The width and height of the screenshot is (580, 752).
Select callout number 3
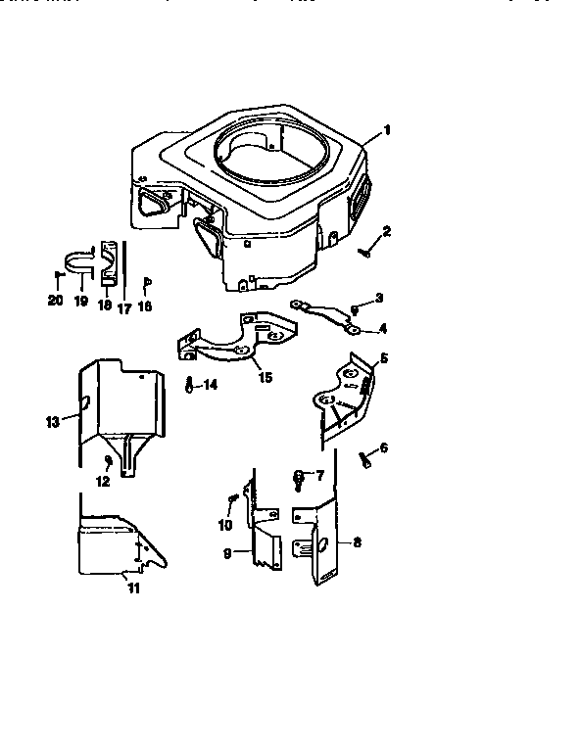click(379, 298)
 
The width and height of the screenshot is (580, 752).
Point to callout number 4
click(382, 328)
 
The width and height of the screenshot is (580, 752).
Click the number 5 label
click(383, 358)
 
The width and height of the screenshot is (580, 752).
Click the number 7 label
click(318, 475)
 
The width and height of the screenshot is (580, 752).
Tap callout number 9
click(227, 553)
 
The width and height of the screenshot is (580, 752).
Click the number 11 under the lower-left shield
click(134, 587)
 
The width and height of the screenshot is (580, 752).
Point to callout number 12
click(102, 480)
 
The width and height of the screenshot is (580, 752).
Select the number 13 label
click(52, 422)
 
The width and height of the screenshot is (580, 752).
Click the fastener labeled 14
click(187, 384)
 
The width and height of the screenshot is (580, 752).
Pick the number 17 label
click(123, 305)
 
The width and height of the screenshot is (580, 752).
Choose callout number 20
click(54, 302)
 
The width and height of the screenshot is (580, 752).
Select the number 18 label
click(103, 305)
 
